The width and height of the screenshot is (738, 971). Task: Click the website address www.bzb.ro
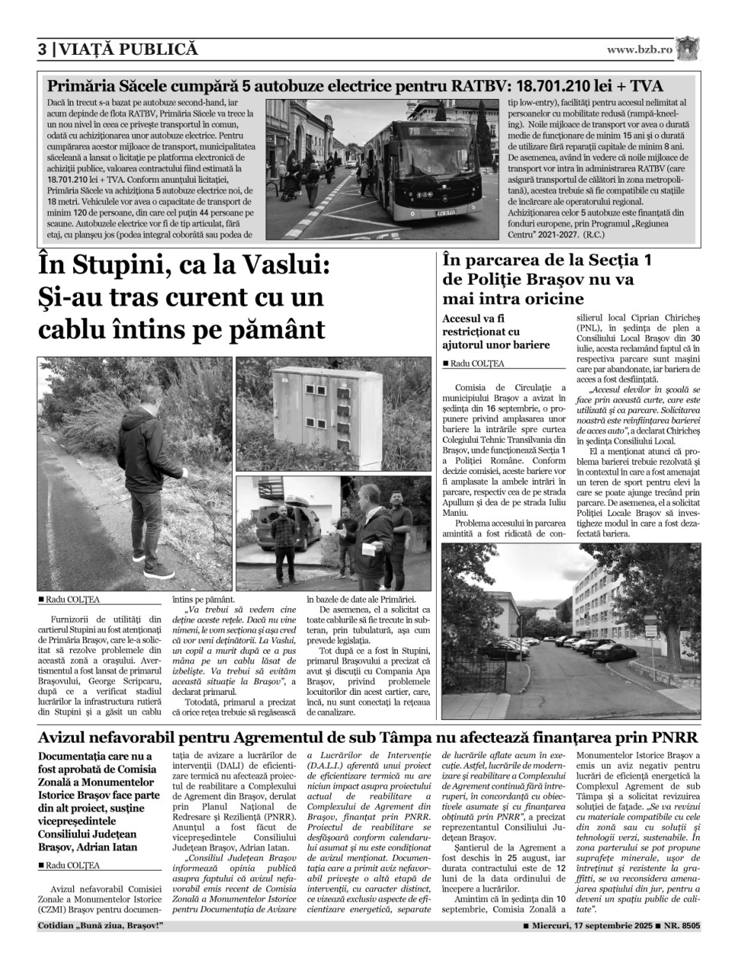(x=639, y=49)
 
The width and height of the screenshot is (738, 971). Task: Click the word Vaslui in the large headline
(x=274, y=267)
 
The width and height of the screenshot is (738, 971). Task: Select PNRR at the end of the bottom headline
(x=670, y=737)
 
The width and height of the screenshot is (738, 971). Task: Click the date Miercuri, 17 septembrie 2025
(x=587, y=925)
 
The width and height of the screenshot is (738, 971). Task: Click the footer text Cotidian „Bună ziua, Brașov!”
(x=100, y=925)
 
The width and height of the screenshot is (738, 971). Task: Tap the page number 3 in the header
(x=43, y=49)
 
